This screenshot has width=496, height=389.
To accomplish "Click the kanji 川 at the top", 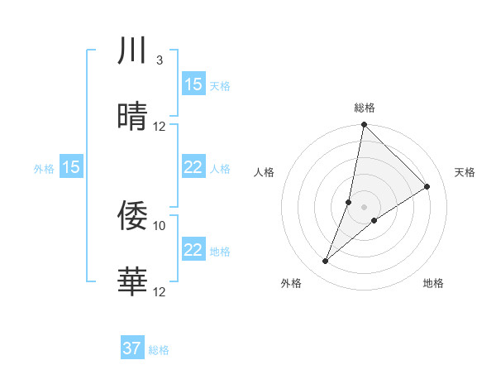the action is (x=132, y=51).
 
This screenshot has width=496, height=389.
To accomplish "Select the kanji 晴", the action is (x=132, y=117).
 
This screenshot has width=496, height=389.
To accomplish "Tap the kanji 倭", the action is (x=132, y=216).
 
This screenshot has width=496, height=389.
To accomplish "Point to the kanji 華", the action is (x=132, y=281).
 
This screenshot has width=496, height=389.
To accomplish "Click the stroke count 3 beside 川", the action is (x=159, y=60).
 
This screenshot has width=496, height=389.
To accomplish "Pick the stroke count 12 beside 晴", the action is (x=160, y=127).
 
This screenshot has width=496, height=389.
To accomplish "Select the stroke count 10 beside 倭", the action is (x=160, y=225).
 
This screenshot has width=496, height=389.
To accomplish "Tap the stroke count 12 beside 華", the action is (x=160, y=291).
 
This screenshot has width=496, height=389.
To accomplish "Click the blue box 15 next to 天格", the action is (x=193, y=84).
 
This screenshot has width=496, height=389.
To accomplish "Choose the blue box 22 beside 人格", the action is (x=193, y=168).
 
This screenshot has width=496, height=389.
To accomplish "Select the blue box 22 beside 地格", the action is (x=193, y=250).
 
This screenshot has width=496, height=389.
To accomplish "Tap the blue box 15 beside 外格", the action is (x=71, y=168).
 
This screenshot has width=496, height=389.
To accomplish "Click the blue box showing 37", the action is (x=132, y=348).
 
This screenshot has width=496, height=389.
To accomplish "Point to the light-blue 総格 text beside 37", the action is (x=160, y=350).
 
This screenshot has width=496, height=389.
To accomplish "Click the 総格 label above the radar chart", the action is (x=365, y=108).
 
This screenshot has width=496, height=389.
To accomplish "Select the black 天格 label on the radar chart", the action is (x=465, y=172).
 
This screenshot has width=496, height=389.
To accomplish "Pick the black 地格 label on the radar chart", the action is (x=433, y=283).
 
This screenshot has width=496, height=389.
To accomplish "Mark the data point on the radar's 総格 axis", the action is (x=364, y=125).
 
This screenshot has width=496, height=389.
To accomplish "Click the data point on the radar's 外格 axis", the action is (x=326, y=262).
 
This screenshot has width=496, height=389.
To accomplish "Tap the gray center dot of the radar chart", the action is (x=364, y=207).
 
